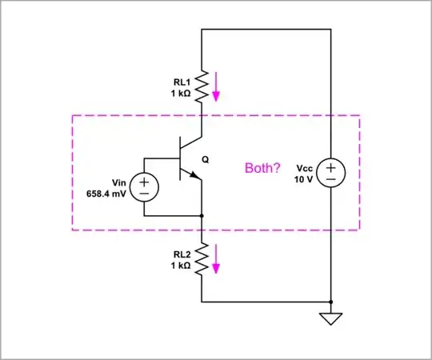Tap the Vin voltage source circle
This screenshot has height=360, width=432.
click(x=144, y=187)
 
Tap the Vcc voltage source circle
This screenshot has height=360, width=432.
click(x=330, y=174)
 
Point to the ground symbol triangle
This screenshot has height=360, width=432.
click(x=330, y=319)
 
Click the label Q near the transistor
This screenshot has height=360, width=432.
click(x=206, y=160)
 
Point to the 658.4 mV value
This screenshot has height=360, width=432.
click(x=105, y=194)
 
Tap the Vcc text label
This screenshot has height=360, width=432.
click(x=304, y=168)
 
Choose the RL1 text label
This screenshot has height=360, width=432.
click(x=182, y=81)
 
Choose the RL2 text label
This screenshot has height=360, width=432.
click(x=182, y=254)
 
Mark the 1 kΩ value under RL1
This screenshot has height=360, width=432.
click(x=181, y=93)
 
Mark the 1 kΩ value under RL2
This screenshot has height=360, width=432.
click(x=181, y=266)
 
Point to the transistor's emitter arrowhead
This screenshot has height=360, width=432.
click(x=194, y=177)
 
